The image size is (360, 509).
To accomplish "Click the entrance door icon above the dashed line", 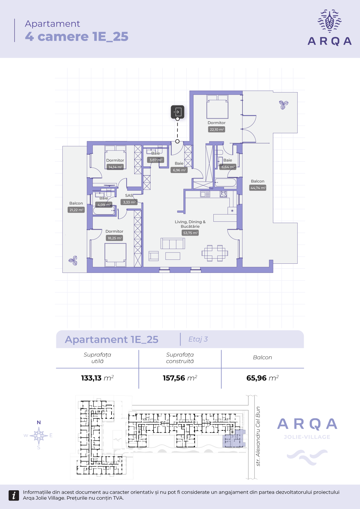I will [177, 112].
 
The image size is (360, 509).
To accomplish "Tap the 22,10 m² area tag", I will [217, 130].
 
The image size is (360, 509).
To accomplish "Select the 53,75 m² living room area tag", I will [190, 233].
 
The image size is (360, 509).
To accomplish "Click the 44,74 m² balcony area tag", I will [258, 188].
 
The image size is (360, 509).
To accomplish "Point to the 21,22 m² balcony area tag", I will [76, 210].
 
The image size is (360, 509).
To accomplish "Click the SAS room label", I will [129, 195].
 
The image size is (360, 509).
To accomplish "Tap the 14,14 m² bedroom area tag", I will [115, 167].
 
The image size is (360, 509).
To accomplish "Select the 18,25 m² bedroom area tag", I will [115, 238].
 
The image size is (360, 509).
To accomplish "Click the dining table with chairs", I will [215, 253].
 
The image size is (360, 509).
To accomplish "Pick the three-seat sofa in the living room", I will [173, 243].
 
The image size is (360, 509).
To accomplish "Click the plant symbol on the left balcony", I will [73, 260].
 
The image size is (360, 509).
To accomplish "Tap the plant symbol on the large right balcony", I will [284, 105].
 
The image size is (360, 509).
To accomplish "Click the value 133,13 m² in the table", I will [97, 378].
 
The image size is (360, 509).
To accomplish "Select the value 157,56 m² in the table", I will [180, 378].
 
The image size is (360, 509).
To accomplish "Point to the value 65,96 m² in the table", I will [262, 378].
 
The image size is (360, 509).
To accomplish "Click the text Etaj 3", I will [198, 339].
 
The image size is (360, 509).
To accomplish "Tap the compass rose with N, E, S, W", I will [39, 435].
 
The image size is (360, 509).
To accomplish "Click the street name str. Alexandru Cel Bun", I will [258, 436].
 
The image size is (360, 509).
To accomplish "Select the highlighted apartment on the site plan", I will [233, 439].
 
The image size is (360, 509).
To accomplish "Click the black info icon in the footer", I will [14, 495].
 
